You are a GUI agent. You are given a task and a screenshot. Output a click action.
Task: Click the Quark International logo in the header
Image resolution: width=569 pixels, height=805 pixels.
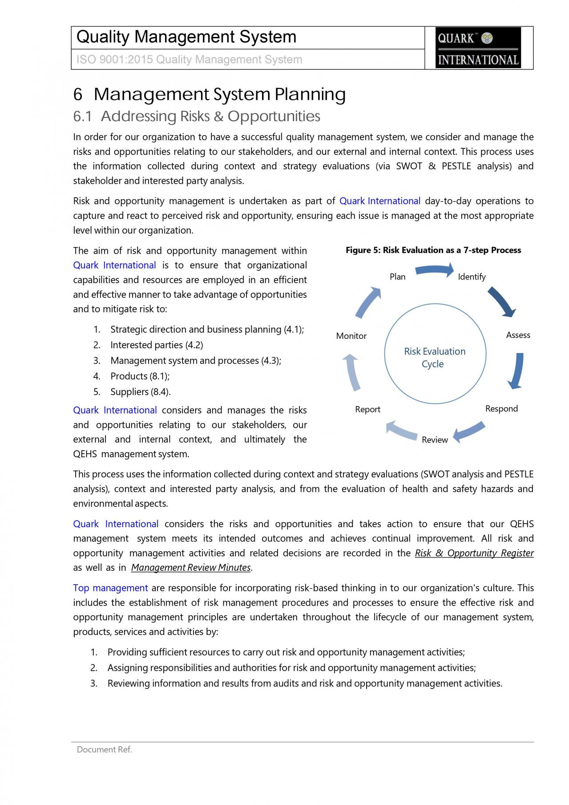478,48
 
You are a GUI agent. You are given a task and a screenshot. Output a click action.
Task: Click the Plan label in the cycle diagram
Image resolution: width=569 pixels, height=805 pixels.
397,277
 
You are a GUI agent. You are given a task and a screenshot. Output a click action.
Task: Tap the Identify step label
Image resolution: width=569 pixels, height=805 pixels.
472,277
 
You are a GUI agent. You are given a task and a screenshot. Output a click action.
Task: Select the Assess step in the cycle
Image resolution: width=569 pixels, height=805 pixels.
518,335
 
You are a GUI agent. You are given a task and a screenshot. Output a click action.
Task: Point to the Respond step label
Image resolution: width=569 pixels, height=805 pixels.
501,409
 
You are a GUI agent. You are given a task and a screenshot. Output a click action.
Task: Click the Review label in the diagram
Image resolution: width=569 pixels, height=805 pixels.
435,440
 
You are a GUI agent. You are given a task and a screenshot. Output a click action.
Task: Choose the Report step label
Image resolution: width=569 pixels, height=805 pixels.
367,410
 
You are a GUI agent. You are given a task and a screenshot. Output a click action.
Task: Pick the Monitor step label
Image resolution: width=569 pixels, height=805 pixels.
351,336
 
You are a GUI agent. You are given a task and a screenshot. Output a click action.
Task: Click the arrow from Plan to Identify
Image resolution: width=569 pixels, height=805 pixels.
434,270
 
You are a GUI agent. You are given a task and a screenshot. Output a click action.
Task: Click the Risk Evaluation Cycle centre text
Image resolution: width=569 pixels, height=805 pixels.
434,358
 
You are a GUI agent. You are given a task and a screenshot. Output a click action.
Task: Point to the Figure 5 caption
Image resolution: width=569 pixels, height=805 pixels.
433,250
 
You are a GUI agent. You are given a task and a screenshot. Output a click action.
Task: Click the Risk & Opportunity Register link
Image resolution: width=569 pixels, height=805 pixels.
474,553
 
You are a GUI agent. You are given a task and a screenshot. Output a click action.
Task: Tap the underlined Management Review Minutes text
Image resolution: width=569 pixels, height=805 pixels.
191,568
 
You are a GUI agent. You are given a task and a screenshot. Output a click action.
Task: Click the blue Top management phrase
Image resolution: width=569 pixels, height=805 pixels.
110,588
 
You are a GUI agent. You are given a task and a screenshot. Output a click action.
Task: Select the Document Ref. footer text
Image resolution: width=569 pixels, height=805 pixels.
104,750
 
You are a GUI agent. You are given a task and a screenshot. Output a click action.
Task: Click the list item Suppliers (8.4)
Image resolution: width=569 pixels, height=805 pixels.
140,392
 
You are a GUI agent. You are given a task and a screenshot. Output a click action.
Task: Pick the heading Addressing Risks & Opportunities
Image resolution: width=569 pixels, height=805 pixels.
210,117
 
